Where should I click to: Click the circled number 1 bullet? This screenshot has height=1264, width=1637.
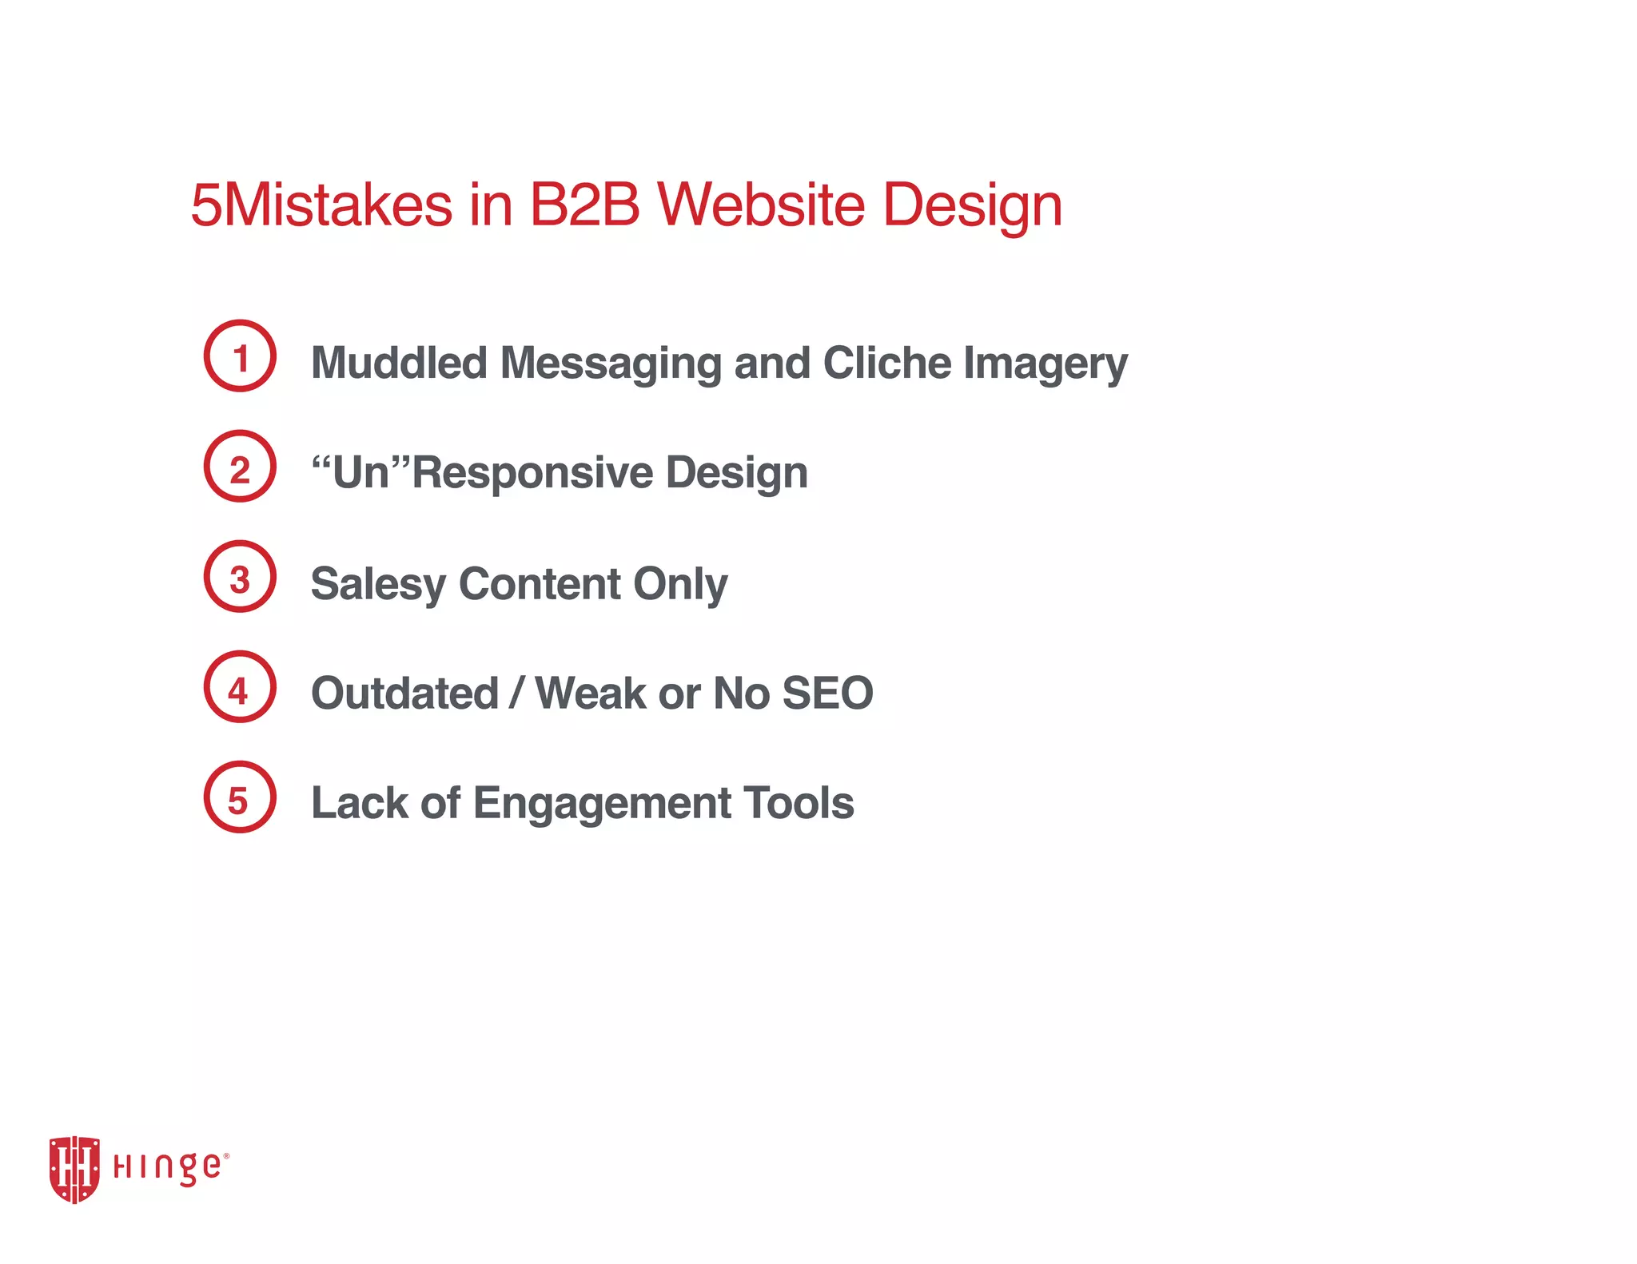[240, 356]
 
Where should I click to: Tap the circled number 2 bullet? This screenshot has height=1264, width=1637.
[240, 467]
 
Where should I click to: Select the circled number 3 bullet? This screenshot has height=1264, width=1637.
[240, 577]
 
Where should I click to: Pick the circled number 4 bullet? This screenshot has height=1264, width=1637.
[240, 687]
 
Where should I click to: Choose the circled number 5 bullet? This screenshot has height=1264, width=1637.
[240, 797]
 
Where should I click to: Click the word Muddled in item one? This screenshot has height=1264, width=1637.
[399, 363]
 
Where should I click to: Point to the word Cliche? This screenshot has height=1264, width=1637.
[886, 363]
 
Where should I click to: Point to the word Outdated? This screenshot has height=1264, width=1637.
[404, 693]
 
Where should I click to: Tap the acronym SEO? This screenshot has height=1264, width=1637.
[827, 693]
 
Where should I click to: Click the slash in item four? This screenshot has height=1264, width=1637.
[517, 693]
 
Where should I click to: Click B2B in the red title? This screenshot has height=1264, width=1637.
[584, 205]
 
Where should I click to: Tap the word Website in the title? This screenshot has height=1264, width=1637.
[761, 205]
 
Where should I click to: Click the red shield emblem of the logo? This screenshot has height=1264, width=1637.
[74, 1169]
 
